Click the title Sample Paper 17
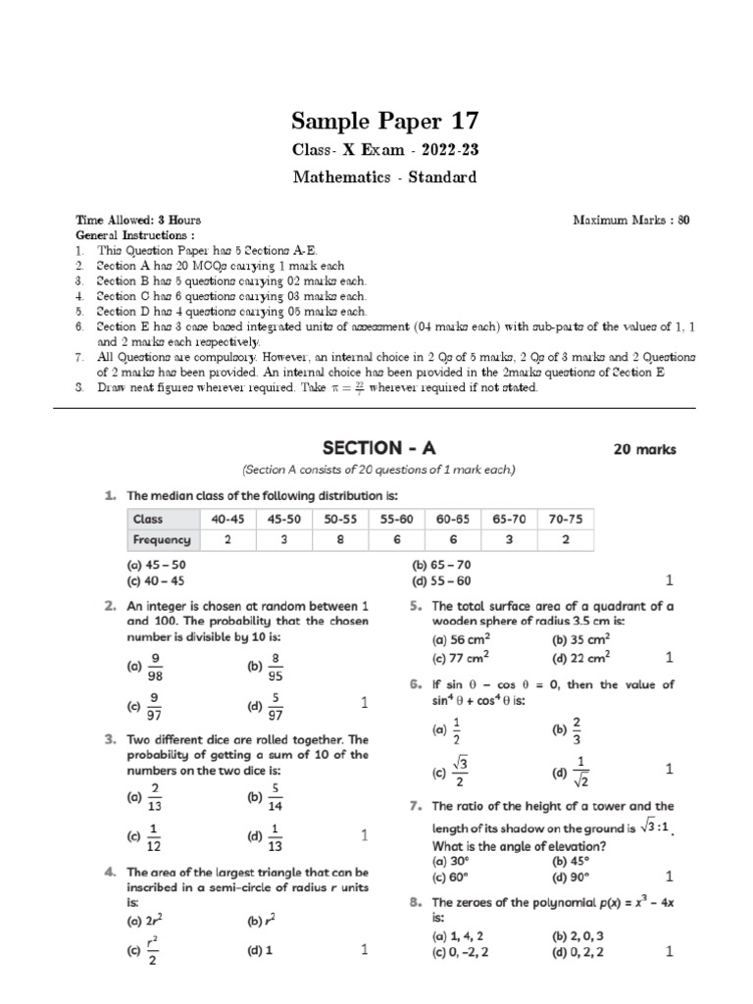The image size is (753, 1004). [385, 122]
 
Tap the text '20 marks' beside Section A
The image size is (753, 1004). [644, 450]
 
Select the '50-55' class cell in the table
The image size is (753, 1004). [340, 519]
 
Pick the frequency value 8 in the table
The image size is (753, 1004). [340, 540]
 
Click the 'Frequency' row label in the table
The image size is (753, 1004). [162, 540]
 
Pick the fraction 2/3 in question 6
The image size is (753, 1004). [577, 729]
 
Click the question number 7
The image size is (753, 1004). [416, 806]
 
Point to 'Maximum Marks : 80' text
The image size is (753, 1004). [631, 221]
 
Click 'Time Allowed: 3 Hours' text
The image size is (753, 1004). [138, 221]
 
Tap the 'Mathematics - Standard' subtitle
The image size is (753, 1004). [384, 177]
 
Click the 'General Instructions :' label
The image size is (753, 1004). [135, 236]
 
